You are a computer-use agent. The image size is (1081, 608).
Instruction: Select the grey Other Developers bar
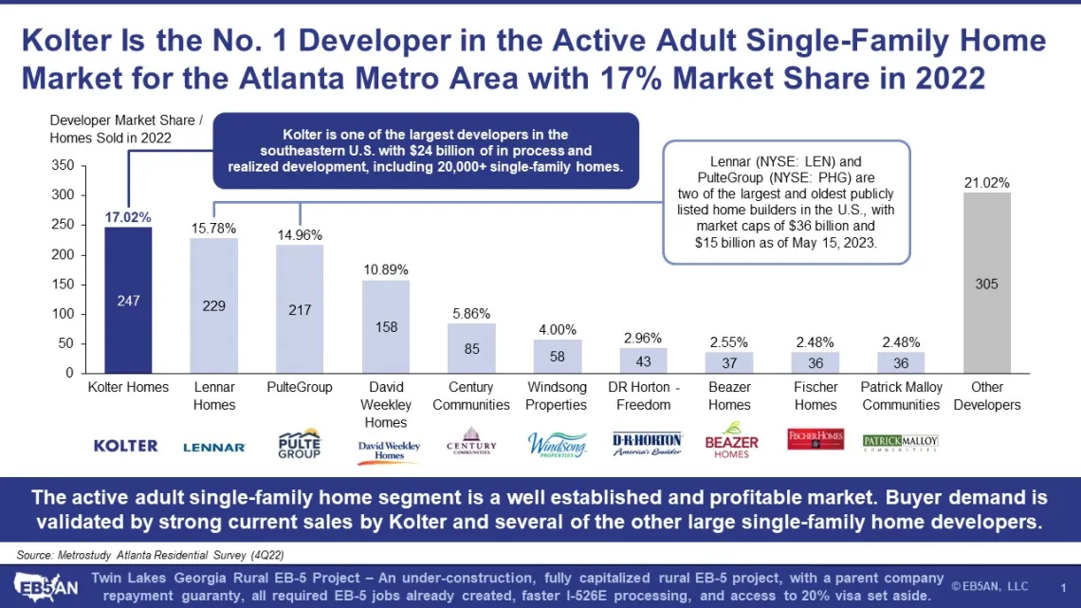point(986,283)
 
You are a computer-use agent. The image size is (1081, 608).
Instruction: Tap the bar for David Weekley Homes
point(386,326)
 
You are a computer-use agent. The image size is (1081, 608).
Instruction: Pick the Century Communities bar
point(471,348)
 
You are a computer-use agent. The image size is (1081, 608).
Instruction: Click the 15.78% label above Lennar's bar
point(213,229)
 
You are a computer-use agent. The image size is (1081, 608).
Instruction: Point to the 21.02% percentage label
point(986,183)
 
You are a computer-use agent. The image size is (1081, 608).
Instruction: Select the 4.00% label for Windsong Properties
point(557,330)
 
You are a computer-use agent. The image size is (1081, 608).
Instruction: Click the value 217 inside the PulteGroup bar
point(300,310)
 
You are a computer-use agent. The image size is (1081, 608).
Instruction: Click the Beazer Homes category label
point(729,396)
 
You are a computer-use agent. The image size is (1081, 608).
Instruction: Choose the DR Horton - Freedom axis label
point(644,396)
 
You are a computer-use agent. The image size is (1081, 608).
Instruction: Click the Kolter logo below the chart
point(125,445)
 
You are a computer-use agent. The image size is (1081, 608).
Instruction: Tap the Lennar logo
point(214,447)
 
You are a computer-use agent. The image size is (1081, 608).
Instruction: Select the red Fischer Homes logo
point(815,439)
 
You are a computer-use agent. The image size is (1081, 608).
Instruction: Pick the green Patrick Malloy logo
point(900,442)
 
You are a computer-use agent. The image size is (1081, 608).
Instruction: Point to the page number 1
point(1062,587)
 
